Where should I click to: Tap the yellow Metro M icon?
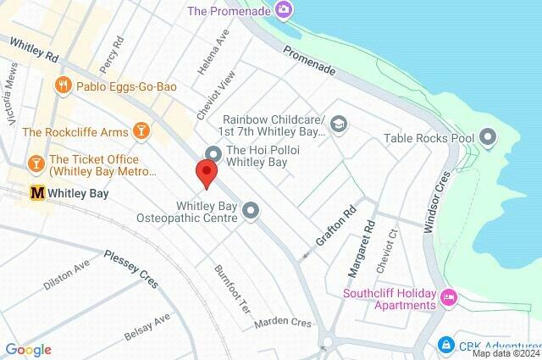click(x=36, y=193)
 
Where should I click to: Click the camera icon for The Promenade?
click(x=284, y=10)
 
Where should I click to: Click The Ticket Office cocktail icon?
click(x=36, y=162)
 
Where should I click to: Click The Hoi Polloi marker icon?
click(x=213, y=152)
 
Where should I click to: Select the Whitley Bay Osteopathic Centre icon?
click(x=251, y=210)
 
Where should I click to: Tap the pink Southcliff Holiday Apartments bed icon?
click(x=449, y=296)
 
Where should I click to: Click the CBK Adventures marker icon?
click(x=445, y=346)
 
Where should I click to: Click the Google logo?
click(x=28, y=350)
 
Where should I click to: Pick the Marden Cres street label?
click(x=282, y=322)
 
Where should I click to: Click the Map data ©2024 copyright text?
click(x=506, y=353)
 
